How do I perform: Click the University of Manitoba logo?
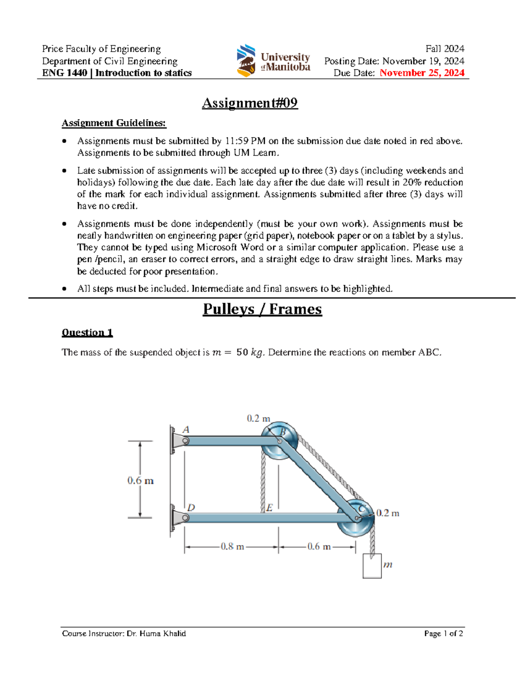(x=273, y=61)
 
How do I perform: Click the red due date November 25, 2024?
(x=422, y=73)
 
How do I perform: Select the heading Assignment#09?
(x=250, y=103)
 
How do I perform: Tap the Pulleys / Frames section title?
(x=262, y=309)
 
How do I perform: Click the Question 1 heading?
(x=87, y=332)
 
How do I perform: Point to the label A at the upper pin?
(x=186, y=430)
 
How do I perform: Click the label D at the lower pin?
(x=191, y=507)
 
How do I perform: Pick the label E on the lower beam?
(x=269, y=507)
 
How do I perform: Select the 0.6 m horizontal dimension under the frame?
(x=318, y=546)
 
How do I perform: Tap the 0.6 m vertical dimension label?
(x=140, y=480)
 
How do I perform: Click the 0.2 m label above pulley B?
(x=258, y=419)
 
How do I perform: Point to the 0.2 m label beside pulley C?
(x=388, y=513)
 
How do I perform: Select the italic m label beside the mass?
(x=388, y=564)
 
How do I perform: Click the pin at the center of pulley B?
(x=280, y=441)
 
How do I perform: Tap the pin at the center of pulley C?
(x=357, y=518)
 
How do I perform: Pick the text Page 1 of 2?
(x=443, y=634)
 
